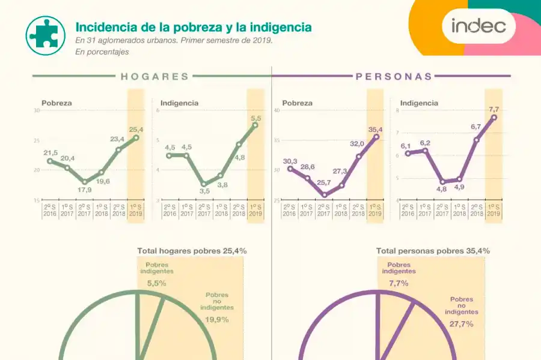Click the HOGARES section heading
154,77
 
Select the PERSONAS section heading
394,77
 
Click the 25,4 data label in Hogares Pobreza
136,130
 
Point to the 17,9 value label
85,190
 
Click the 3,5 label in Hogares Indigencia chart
204,191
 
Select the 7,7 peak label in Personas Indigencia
494,109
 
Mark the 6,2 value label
425,143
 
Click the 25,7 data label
324,182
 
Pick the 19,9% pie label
216,319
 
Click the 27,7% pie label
461,324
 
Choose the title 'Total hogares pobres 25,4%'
192,251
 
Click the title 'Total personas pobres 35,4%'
433,251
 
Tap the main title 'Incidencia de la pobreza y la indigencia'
193,28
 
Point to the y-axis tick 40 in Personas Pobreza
277,110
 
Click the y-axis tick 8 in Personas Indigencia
397,110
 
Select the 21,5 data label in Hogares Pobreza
50,153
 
